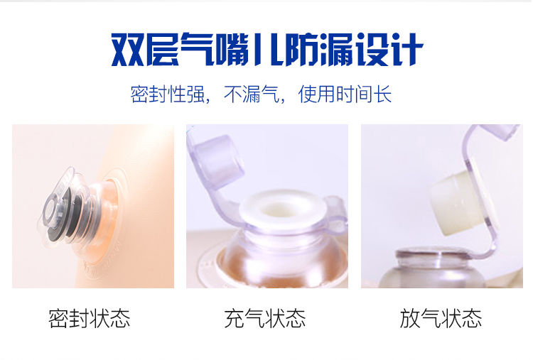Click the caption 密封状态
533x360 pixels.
pos(89,318)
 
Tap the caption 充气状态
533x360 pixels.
pos(265,318)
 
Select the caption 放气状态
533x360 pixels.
pos(441,318)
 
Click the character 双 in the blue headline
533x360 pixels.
pos(128,49)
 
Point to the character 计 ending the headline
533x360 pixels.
pos(407,49)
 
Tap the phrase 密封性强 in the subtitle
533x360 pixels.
pos(168,94)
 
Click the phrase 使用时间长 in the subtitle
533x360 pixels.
pos(345,94)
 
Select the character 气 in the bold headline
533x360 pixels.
pos(198,49)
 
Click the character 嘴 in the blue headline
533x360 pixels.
pos(232,49)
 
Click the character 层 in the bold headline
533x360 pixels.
pos(163,49)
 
